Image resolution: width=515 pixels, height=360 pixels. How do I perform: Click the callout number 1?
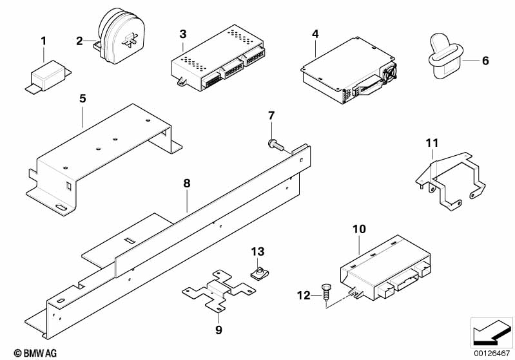coord(43,42)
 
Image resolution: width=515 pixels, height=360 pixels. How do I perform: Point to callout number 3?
coord(183,33)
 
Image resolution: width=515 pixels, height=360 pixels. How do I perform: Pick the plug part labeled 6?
coord(446,58)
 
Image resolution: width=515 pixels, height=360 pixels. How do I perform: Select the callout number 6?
coord(485,61)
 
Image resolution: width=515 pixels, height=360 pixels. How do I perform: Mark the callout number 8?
coord(187,183)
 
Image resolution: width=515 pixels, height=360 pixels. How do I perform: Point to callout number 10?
coord(359,229)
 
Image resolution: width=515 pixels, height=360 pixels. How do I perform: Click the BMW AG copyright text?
coord(25,352)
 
